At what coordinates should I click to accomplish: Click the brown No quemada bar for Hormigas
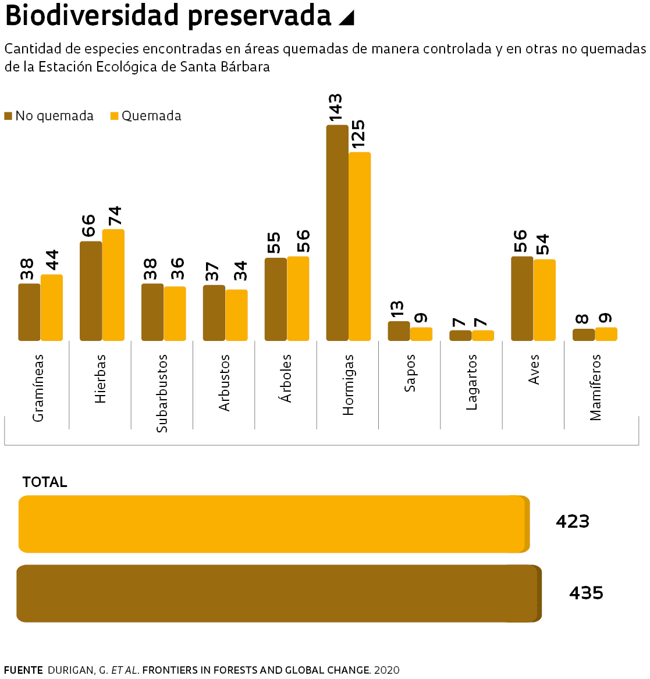(337, 233)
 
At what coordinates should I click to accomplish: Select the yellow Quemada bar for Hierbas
(113, 285)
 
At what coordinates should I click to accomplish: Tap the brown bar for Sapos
(399, 331)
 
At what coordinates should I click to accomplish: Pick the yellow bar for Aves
(545, 300)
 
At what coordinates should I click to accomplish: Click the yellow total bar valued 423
(274, 524)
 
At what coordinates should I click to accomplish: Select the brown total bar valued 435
(278, 593)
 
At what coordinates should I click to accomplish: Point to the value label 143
(336, 108)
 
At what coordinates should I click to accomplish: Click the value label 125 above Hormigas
(358, 134)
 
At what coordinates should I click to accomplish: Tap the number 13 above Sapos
(397, 309)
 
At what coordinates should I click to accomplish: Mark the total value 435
(586, 593)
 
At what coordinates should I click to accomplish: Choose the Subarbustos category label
(162, 393)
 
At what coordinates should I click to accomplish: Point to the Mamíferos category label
(595, 388)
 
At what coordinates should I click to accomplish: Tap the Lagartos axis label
(472, 382)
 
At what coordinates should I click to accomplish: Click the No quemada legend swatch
(8, 116)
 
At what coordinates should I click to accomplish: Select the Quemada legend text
(151, 116)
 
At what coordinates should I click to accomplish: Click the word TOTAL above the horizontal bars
(45, 482)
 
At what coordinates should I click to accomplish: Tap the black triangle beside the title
(346, 18)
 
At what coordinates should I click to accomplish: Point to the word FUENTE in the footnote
(23, 670)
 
